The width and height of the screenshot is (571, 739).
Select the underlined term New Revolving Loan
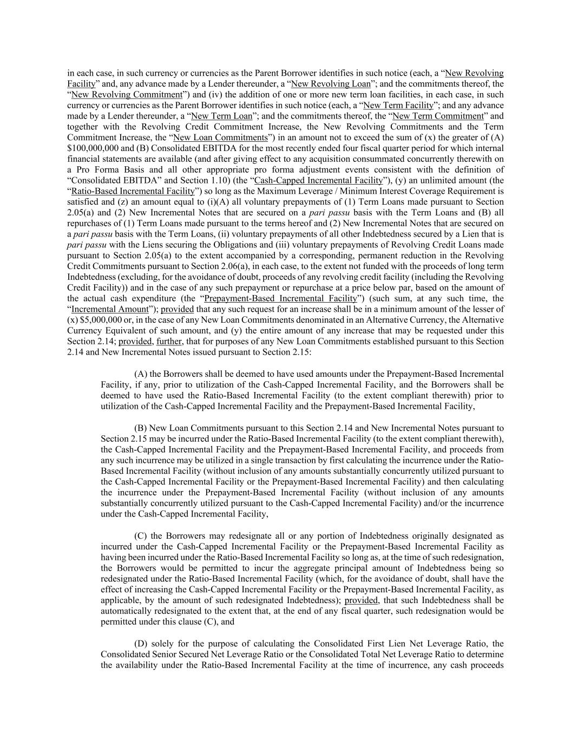pos(331,83)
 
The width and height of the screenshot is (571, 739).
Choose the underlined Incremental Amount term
pos(109,309)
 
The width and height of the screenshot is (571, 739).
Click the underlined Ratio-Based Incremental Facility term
pos(133,191)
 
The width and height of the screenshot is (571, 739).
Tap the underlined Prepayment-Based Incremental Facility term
pos(281,298)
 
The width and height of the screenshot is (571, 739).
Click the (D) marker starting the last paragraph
pos(141,643)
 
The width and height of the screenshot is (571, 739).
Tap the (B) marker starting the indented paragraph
pos(140,428)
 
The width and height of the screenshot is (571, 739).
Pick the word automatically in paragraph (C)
pos(127,611)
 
